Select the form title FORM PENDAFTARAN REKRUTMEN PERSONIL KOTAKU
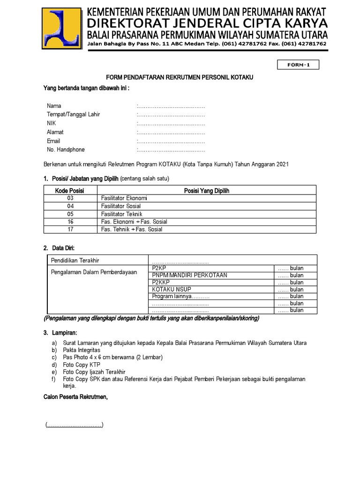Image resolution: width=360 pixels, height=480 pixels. [x=180, y=77]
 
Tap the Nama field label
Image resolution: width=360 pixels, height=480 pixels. [x=54, y=106]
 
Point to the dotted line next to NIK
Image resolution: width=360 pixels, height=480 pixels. [x=171, y=123]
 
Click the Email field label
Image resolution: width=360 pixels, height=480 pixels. [x=53, y=141]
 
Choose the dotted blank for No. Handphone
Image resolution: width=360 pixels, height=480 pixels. [x=171, y=150]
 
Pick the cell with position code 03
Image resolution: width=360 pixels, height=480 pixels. [x=70, y=198]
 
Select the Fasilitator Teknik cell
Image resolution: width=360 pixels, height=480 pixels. [x=121, y=214]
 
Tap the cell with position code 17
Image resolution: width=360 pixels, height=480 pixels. [x=70, y=230]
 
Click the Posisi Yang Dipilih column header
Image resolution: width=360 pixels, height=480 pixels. [x=206, y=191]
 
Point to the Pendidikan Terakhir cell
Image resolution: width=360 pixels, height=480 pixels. [x=75, y=260]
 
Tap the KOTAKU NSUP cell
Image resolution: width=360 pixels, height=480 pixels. [x=169, y=289]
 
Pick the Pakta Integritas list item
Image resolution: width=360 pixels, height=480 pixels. [x=82, y=350]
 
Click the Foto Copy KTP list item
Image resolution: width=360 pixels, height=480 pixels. [x=82, y=365]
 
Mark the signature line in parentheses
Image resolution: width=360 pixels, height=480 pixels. [x=75, y=425]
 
